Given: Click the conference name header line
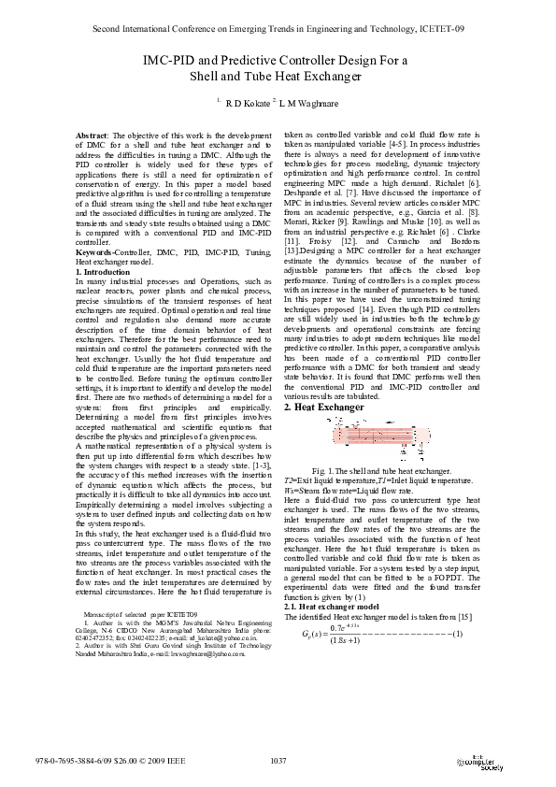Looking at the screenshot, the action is [x=278, y=30].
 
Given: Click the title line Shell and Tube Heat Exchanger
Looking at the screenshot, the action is [x=278, y=79].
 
